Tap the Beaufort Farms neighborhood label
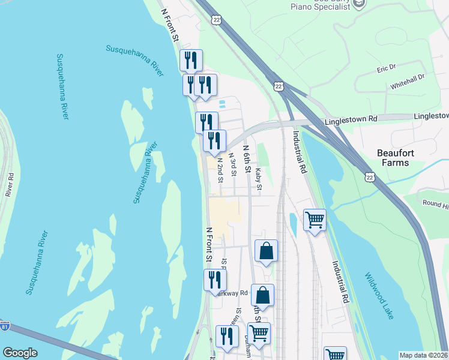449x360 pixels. [396, 157]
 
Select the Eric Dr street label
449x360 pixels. [387, 70]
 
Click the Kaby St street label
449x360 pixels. [258, 179]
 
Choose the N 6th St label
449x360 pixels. [246, 158]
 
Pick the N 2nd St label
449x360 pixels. [220, 170]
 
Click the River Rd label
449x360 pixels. [10, 185]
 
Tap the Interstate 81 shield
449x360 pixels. [5, 326]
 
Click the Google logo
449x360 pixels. [20, 352]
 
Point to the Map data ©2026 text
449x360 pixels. [423, 355]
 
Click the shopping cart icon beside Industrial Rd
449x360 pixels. [315, 220]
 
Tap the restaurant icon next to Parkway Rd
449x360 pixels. [214, 280]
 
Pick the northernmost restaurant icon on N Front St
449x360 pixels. [191, 60]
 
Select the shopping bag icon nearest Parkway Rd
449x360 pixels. [262, 295]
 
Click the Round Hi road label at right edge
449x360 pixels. [435, 204]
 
